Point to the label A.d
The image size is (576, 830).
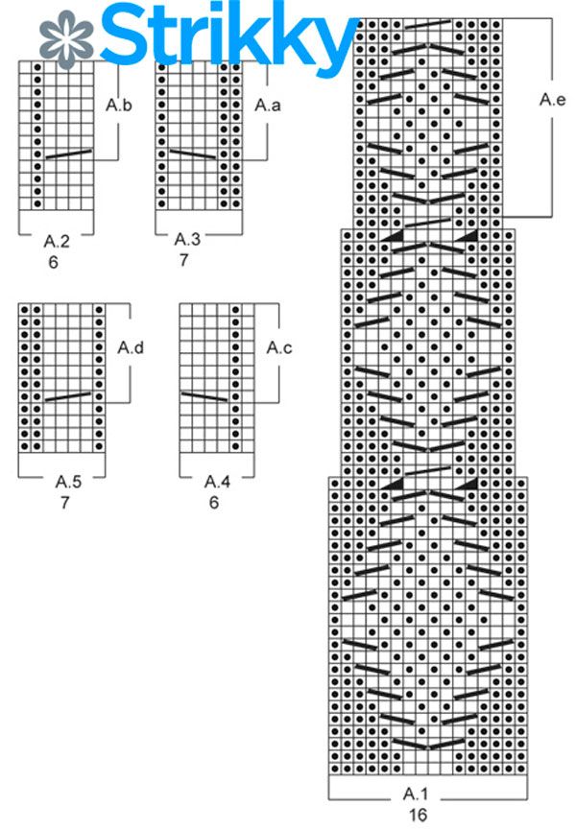click(x=131, y=347)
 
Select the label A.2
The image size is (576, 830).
click(x=57, y=242)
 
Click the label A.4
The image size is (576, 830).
click(x=216, y=480)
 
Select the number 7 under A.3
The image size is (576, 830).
click(x=183, y=260)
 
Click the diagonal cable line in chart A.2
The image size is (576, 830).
click(x=68, y=154)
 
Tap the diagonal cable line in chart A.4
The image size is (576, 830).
click(x=204, y=395)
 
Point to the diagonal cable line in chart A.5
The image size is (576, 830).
click(x=68, y=395)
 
